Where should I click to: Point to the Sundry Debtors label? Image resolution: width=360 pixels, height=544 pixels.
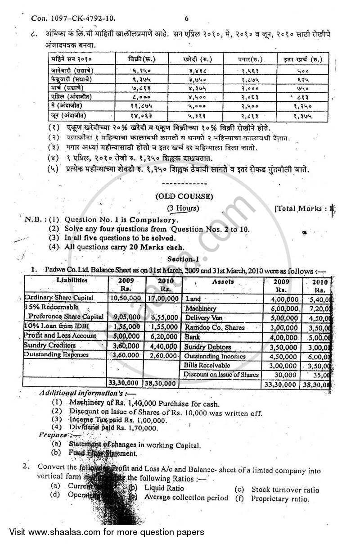207,347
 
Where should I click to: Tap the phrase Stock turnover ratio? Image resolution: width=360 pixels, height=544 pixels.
285,490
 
